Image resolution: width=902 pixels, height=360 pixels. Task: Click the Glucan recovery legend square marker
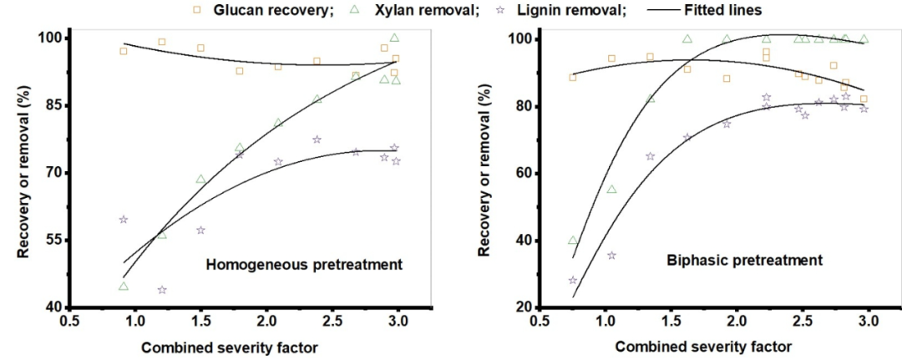click(x=197, y=10)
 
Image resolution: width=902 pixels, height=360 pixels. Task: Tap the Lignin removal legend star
click(x=507, y=10)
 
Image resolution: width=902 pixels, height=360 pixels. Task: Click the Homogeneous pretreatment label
click(x=304, y=265)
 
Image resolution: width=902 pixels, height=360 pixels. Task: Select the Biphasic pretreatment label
click(x=744, y=260)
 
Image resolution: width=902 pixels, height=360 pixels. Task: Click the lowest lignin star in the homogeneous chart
click(x=162, y=290)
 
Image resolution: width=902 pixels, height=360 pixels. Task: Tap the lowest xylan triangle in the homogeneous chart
click(x=124, y=286)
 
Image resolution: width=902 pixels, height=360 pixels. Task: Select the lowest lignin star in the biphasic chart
click(x=573, y=281)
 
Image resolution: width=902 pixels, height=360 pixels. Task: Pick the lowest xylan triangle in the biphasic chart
click(x=573, y=241)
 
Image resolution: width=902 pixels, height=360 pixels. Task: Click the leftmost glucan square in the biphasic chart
click(x=572, y=77)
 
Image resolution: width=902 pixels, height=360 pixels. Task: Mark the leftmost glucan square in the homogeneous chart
click(x=124, y=51)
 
